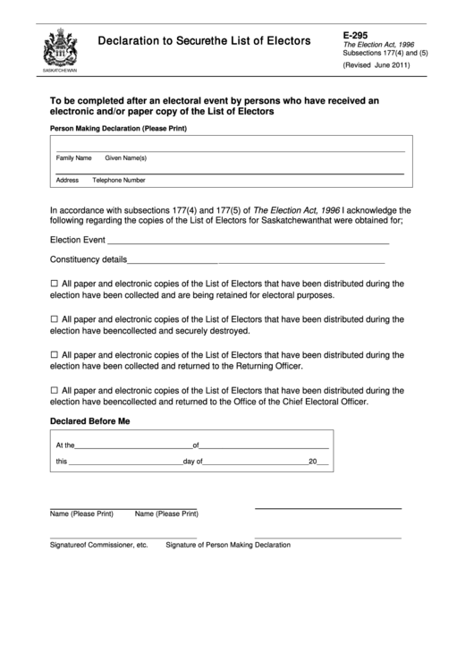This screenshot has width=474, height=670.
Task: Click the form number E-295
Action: coord(355,34)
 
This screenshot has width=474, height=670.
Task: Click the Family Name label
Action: coord(74,157)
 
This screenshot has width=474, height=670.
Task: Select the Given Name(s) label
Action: coord(126,157)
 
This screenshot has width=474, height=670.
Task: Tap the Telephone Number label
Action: coord(119,180)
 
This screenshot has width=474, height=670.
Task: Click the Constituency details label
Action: coord(88,261)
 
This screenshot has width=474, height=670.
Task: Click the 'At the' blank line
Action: coord(134,445)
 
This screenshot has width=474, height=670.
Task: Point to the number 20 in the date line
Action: coord(313,462)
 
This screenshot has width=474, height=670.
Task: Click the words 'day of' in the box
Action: coord(193,462)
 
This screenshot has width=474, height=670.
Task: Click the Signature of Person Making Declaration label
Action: coord(228,544)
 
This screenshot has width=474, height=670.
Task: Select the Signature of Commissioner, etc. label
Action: coord(98,544)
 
